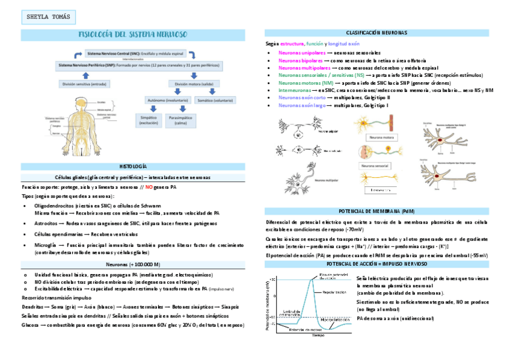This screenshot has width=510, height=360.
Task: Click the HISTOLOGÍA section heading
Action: click(x=133, y=165)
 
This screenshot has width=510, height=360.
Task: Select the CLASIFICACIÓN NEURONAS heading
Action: click(x=376, y=32)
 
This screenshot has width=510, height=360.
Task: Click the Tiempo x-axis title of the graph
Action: click(x=317, y=335)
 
